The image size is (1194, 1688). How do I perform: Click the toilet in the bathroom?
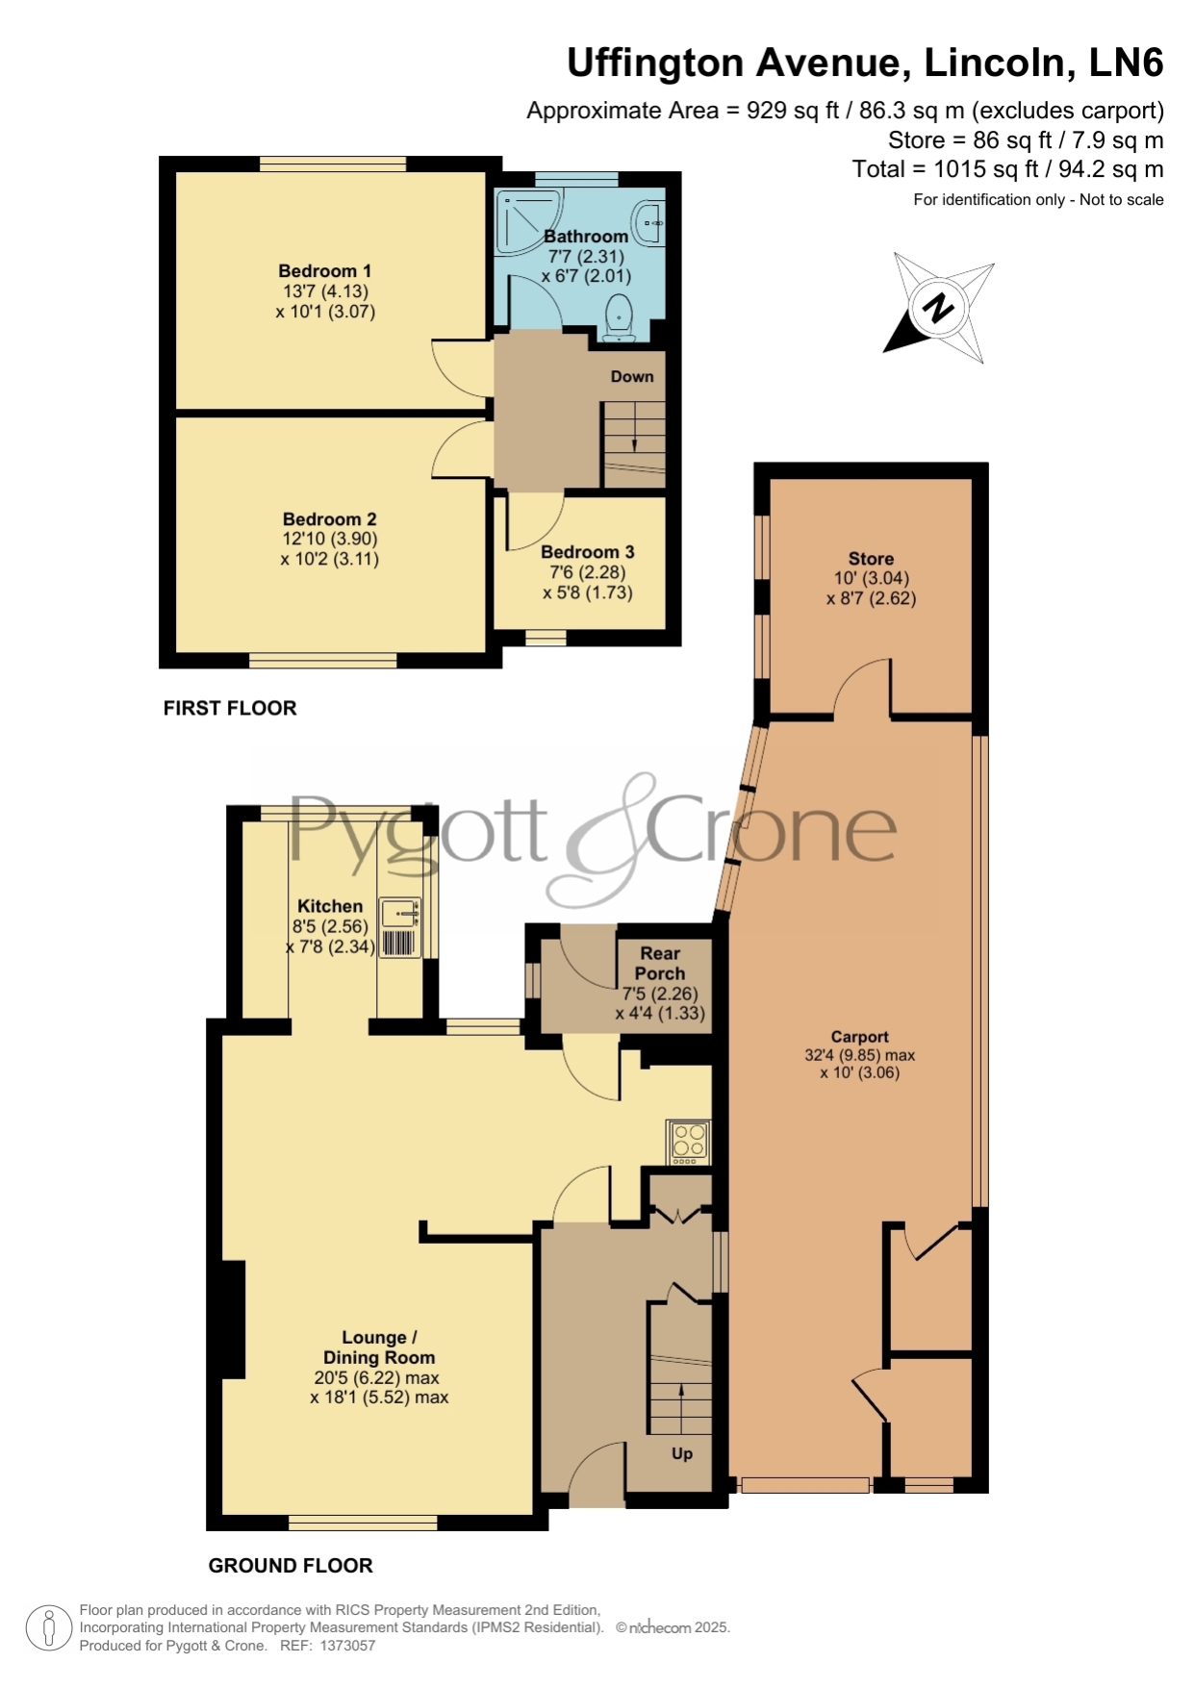point(618,317)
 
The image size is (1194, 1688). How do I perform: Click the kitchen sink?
point(400,912)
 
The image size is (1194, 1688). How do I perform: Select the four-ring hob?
point(689,1142)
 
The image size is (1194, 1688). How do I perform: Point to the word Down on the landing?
point(632,376)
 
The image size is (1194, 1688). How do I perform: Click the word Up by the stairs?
point(682,1453)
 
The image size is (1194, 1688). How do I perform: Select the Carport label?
point(859,1037)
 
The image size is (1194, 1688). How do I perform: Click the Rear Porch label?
point(660,963)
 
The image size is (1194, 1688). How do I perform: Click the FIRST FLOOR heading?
point(230,708)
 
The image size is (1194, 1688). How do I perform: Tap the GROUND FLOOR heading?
point(291,1565)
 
